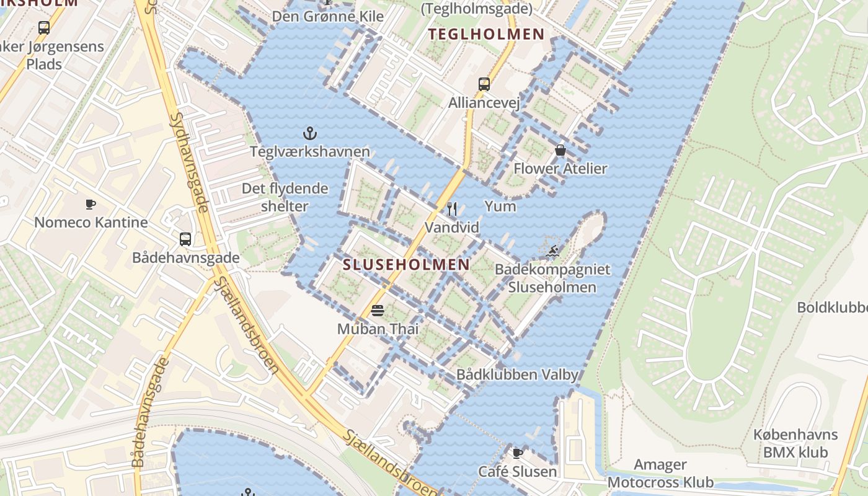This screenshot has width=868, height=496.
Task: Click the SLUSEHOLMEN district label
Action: (x=406, y=265)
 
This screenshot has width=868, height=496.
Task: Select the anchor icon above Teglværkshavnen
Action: (x=309, y=133)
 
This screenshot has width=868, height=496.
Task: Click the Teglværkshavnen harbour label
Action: (x=309, y=151)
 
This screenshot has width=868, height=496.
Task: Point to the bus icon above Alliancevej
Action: (x=484, y=84)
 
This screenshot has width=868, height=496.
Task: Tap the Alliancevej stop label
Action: (x=484, y=102)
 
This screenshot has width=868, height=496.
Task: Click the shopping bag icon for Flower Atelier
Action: (x=560, y=150)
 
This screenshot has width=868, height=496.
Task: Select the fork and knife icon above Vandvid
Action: (x=452, y=209)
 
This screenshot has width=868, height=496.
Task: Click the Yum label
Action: (x=500, y=206)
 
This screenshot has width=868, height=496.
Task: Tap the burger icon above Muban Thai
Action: (x=378, y=310)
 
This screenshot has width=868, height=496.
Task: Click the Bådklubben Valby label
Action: (x=517, y=374)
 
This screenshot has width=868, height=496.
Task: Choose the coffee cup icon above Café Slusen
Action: (x=517, y=453)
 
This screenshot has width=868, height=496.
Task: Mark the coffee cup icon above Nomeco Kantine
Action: (x=91, y=204)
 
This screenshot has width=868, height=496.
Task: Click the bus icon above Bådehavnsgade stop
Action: (x=185, y=239)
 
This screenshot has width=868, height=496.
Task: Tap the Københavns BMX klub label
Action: (x=795, y=443)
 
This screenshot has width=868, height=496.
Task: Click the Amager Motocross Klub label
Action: (x=660, y=473)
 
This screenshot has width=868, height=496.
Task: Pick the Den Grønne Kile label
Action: (x=328, y=16)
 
